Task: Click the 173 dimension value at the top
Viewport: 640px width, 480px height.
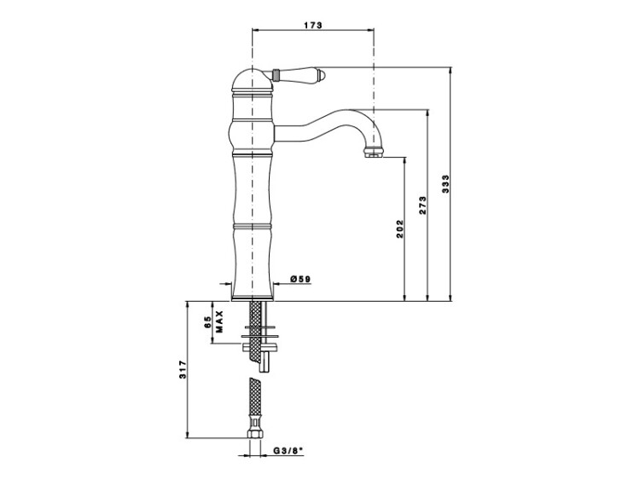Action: point(313,25)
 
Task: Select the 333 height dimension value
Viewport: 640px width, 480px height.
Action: point(445,184)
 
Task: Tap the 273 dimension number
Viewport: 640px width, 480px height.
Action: point(422,205)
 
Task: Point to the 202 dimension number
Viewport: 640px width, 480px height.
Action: point(399,229)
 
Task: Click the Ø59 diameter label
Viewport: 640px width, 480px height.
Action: point(300,279)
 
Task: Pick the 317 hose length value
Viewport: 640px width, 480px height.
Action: point(183,369)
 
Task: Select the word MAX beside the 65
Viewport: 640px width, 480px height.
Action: point(219,321)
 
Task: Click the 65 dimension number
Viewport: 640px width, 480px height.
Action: point(207,321)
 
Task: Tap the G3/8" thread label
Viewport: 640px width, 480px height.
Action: point(288,451)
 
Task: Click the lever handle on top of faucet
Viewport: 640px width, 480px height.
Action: point(294,74)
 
